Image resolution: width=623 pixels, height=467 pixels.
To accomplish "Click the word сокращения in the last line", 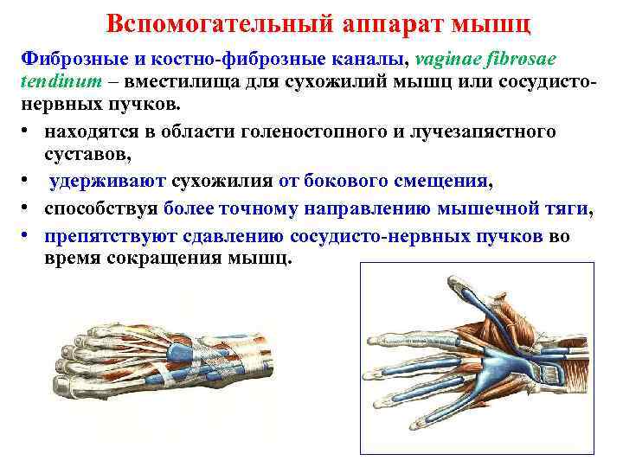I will click(x=160, y=259).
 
